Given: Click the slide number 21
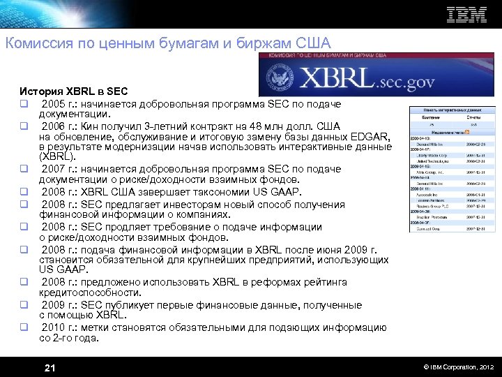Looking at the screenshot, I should point(50,368).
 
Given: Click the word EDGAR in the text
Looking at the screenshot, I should point(376,137).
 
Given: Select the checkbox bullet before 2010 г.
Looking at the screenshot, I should point(23,327).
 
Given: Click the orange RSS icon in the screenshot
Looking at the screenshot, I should point(466,131).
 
